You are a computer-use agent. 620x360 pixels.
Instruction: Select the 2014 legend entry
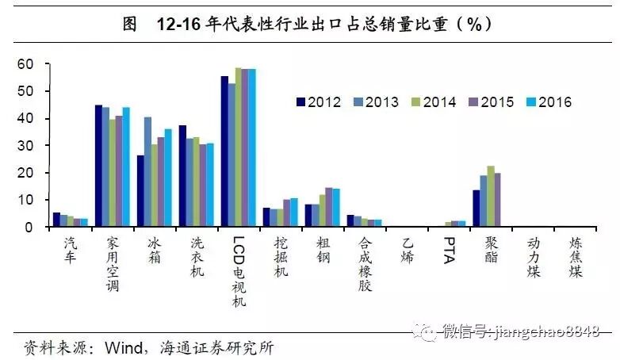tap(435, 102)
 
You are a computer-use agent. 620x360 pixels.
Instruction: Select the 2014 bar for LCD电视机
tap(239, 147)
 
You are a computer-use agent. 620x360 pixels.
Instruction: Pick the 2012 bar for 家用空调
tap(98, 166)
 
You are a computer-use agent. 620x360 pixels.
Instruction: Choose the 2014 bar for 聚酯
tap(491, 197)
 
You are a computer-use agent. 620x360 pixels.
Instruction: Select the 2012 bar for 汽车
tap(56, 220)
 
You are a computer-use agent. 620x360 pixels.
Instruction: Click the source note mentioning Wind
tap(150, 347)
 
